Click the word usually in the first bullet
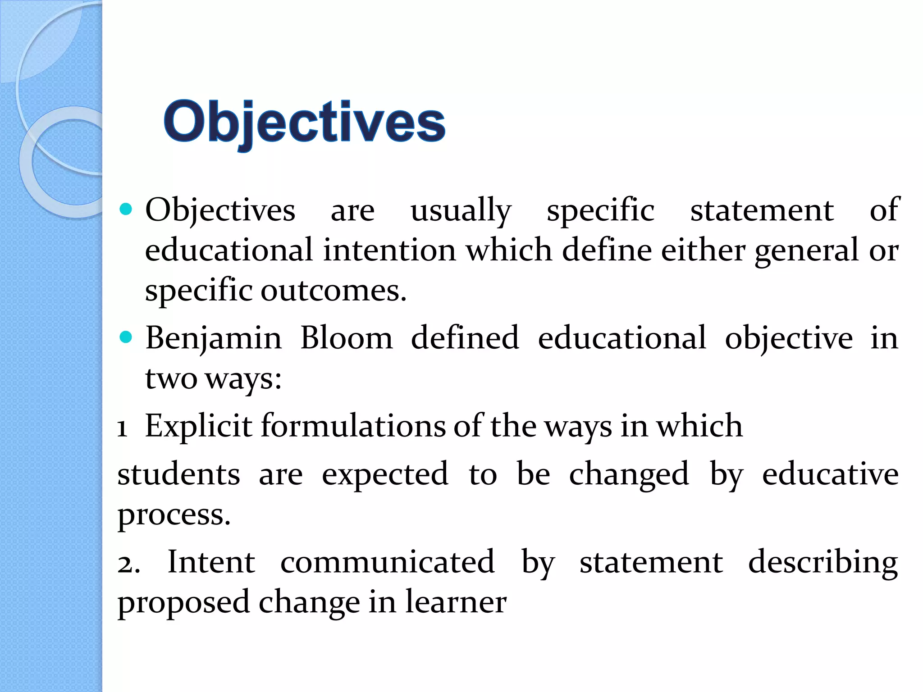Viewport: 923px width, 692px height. click(461, 211)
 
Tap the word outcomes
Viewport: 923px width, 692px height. click(334, 291)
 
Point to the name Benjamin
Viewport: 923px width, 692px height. click(213, 339)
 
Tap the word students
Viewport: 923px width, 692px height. click(179, 474)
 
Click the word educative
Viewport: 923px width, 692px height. click(830, 474)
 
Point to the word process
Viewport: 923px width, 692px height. click(174, 515)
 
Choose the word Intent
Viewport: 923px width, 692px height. click(211, 563)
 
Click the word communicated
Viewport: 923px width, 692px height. click(387, 563)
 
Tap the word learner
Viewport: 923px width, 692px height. click(456, 602)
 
